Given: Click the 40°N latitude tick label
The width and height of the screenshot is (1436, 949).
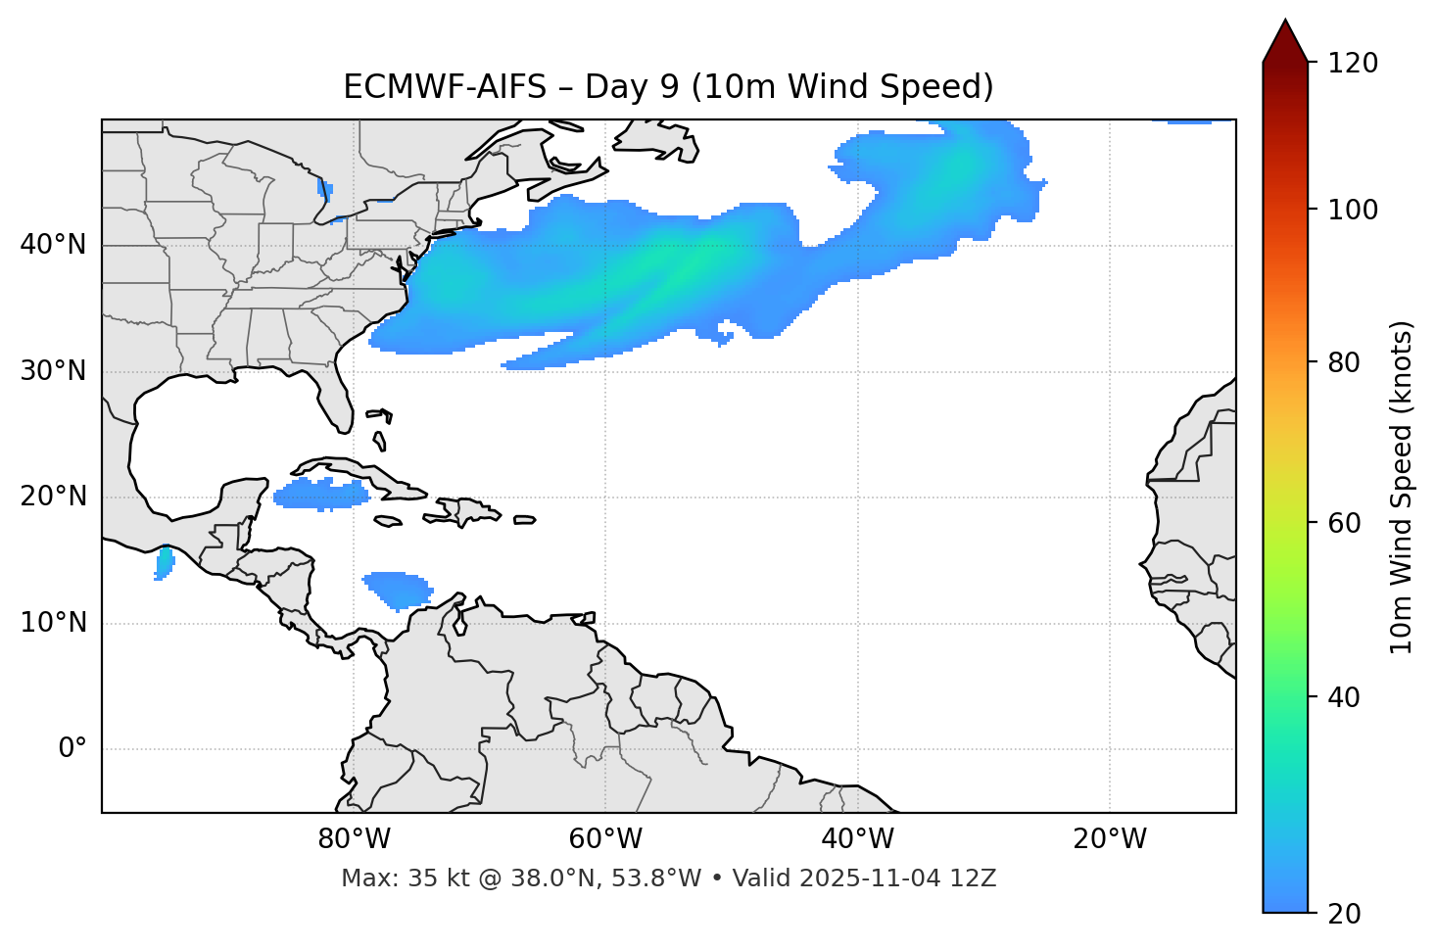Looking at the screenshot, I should point(53,245).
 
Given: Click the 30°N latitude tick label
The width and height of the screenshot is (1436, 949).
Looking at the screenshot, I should point(53,371).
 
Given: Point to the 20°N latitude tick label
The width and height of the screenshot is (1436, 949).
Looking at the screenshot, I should point(53,497).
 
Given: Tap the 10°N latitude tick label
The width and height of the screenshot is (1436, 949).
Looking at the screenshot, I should point(53,623).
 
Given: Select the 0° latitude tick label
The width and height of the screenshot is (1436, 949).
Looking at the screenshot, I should point(72,749).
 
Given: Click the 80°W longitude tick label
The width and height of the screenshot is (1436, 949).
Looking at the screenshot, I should point(354,839).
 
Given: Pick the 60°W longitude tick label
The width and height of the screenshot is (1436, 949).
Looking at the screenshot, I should point(605,839).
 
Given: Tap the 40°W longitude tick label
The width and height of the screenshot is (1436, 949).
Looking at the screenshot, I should point(858,839).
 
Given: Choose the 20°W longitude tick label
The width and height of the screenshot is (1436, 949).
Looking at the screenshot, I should point(1110,839).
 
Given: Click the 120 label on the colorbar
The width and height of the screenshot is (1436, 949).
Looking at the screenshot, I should point(1352,63).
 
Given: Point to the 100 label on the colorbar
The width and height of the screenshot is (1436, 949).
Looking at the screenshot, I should point(1352,210).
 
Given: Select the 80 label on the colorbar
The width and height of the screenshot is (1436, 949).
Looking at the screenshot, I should point(1346,362).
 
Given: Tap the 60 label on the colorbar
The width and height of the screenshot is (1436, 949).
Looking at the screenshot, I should point(1346,523).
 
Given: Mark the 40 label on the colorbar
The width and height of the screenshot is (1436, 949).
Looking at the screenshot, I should point(1346,697).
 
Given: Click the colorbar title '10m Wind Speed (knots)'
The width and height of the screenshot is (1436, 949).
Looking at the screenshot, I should point(1403,487).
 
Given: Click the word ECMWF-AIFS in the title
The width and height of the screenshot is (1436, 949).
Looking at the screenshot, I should point(445,87).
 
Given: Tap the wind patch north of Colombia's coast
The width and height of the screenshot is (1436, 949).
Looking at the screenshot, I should point(398,589).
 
